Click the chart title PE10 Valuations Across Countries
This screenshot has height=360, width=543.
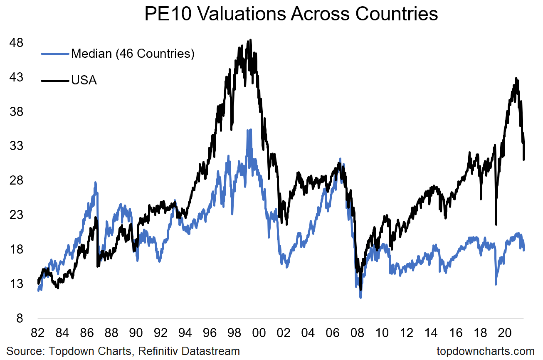point(291,14)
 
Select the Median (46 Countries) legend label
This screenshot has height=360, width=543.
point(133,54)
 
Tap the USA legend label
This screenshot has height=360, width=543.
point(84,80)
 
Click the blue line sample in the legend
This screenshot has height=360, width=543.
point(55,54)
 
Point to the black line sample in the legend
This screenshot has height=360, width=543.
point(55,80)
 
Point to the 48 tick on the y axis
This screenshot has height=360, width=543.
point(23,43)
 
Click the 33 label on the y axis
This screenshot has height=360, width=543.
point(23,146)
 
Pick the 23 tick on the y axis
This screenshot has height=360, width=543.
point(23,215)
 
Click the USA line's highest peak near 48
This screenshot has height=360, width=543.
point(250,40)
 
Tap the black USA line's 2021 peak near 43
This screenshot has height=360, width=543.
point(516,78)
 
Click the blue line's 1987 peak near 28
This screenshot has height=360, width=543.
point(96,182)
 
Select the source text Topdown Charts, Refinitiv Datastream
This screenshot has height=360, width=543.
point(123,351)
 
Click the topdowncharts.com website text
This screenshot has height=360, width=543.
point(485,351)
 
